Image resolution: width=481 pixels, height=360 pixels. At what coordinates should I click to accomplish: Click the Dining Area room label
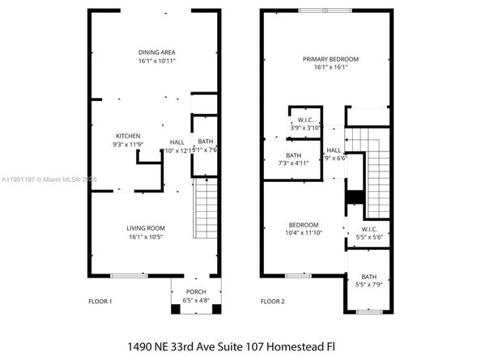click(x=156, y=52)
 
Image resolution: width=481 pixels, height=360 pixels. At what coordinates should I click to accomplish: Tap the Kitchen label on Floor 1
click(x=128, y=135)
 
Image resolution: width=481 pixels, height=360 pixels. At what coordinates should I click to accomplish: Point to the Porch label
click(x=195, y=291)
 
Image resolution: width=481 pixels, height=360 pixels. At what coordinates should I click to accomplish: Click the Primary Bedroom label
click(x=330, y=59)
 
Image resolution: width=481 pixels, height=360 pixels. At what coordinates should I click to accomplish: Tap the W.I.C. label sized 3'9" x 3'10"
click(x=305, y=120)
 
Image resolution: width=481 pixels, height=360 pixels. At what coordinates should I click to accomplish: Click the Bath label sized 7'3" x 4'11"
click(x=293, y=155)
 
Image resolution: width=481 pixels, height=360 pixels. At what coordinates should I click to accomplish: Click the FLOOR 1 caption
click(x=100, y=302)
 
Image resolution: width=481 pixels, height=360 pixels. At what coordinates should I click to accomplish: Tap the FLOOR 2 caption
click(x=272, y=302)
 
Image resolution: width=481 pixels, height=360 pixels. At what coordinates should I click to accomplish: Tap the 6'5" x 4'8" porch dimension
click(x=195, y=300)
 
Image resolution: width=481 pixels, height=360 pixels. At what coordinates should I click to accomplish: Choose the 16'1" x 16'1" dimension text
click(x=330, y=68)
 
